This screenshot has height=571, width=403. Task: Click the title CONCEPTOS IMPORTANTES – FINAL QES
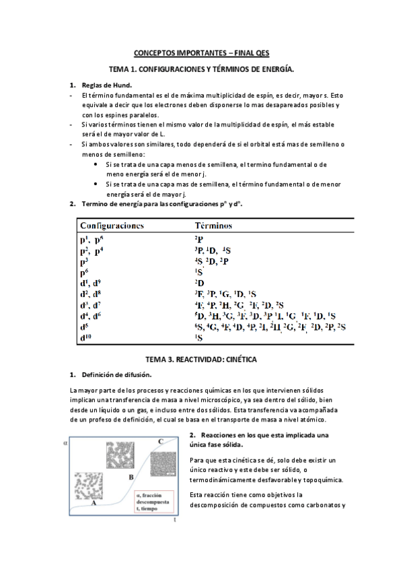coord(200,52)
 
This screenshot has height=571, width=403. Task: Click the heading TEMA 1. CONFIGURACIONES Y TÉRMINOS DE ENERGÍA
coord(201,69)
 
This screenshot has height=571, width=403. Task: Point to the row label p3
coord(84,261)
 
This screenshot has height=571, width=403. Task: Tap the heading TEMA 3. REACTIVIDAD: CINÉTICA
coord(201,359)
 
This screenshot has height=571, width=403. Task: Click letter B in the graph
coord(131,477)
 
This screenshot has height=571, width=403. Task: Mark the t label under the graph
coord(175,520)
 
